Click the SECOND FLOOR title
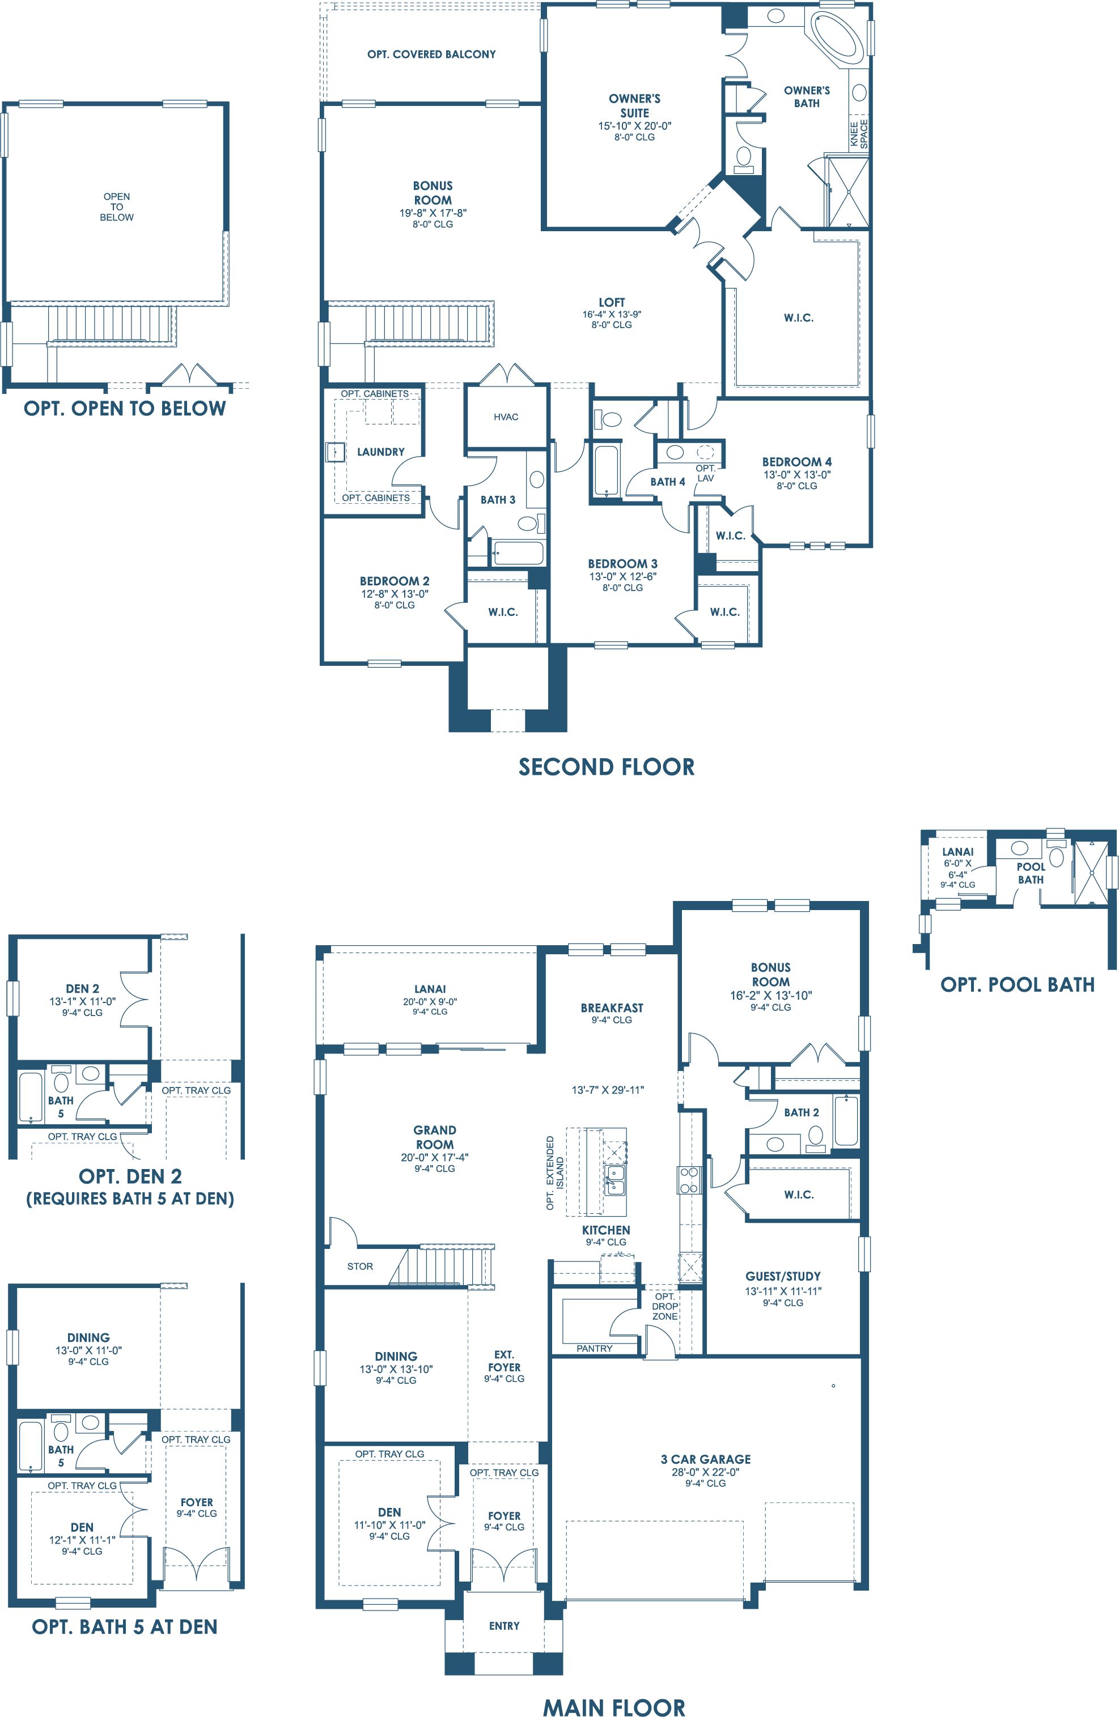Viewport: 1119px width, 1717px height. pos(606,766)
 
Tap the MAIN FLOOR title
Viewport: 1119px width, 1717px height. pos(613,1706)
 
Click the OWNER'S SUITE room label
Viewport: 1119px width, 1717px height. pos(634,105)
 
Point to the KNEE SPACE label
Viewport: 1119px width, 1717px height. pos(859,134)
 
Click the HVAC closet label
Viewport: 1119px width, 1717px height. pos(506,417)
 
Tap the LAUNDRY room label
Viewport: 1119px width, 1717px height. pos(381,452)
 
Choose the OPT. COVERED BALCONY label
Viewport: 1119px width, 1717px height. pos(431,54)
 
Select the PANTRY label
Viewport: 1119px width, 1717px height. pos(595,1348)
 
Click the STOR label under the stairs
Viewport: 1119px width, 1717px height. pos(360,1266)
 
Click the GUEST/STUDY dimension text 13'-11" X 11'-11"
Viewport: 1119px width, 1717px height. pos(783,1291)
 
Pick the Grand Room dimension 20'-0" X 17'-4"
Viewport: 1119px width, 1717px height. pos(434,1157)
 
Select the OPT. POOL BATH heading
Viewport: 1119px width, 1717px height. pos(1018,985)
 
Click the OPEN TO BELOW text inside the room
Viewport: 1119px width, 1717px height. pos(117,207)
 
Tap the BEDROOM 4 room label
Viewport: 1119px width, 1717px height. pos(796,462)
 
